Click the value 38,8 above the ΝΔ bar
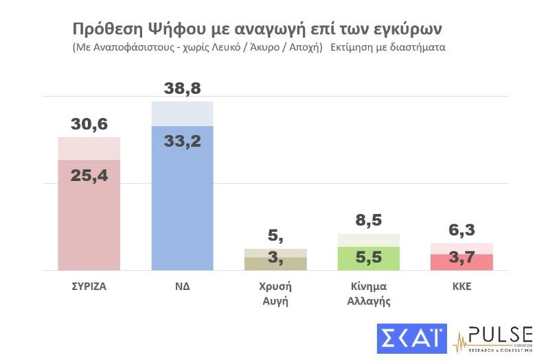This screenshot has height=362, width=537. (182, 88)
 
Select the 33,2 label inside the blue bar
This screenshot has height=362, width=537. (182, 141)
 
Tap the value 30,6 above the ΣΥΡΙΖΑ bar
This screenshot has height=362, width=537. (89, 124)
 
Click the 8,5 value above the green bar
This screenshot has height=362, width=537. (368, 221)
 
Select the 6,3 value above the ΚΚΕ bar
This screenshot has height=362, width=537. (461, 230)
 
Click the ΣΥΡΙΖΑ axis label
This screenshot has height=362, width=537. (89, 287)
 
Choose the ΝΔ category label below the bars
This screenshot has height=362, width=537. (182, 287)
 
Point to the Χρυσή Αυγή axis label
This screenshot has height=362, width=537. (275, 293)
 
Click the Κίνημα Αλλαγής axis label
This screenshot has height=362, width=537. (368, 293)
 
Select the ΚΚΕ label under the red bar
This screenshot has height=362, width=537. (461, 287)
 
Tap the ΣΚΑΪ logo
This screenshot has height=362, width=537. (411, 339)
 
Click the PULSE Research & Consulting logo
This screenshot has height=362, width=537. (493, 339)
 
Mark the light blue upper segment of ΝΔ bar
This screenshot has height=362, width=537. (182, 114)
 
